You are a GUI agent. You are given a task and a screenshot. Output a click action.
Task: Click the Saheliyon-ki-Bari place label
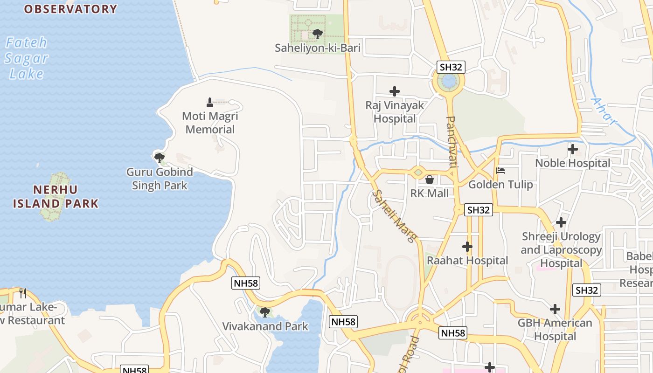(x=317, y=48)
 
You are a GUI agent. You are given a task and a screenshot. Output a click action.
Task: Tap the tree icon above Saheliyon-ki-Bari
(x=318, y=34)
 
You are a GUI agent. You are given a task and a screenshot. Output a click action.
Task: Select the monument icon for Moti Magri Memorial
(x=210, y=102)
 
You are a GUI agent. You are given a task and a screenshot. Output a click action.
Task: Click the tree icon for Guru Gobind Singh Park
(x=160, y=158)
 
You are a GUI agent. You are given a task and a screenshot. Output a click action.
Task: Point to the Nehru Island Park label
(x=56, y=196)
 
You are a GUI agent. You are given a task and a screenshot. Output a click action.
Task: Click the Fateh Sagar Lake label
(x=27, y=58)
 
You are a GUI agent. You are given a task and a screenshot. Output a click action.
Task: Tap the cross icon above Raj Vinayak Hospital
(x=395, y=91)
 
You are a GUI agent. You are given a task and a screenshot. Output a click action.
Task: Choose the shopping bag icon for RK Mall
(x=430, y=179)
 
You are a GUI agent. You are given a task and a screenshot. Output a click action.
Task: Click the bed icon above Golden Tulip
(x=500, y=171)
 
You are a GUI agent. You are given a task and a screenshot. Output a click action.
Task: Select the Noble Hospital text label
(x=572, y=163)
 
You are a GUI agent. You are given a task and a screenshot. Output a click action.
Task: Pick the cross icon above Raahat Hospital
(x=467, y=247)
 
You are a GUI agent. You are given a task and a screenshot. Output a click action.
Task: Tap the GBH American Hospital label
(x=555, y=329)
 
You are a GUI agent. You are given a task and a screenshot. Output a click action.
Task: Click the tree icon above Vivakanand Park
(x=265, y=312)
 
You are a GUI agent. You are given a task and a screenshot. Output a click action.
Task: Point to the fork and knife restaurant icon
(x=22, y=293)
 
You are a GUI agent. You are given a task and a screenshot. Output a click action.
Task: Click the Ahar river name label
(x=604, y=112)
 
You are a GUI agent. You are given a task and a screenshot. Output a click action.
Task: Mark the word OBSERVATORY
(x=70, y=9)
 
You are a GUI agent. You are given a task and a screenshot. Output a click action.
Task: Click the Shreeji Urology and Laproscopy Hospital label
(x=561, y=250)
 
